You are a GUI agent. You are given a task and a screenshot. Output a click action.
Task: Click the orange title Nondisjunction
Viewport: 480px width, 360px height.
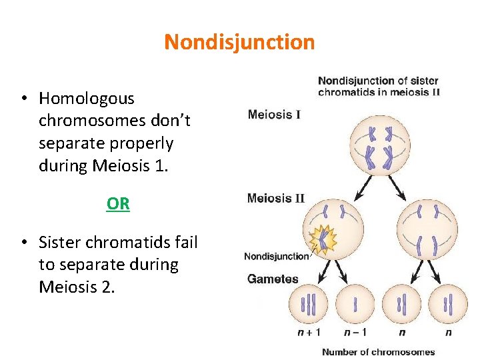[239, 42]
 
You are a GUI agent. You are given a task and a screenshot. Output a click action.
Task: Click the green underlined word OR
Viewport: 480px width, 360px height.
[118, 204]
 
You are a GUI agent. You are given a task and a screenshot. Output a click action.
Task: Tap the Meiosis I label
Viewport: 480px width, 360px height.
[274, 115]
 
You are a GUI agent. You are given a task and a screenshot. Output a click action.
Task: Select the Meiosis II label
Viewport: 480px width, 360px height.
[276, 198]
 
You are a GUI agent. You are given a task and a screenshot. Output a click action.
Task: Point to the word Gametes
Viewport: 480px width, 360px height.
[273, 279]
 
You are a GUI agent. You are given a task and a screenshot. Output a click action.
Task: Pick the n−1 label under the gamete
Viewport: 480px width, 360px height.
[354, 333]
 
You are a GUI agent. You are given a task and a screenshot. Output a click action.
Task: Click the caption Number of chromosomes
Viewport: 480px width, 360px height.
[378, 351]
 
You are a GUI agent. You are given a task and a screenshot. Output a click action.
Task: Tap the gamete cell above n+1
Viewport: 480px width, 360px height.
[307, 305]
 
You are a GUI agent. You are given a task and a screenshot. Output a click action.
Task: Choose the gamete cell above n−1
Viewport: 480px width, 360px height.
[355, 305]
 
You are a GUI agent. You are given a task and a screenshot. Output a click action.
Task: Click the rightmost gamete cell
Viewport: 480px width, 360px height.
[448, 305]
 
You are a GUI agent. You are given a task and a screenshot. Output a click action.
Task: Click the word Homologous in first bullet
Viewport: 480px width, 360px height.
[87, 99]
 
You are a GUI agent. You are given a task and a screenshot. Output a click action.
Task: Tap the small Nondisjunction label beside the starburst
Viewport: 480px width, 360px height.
[277, 256]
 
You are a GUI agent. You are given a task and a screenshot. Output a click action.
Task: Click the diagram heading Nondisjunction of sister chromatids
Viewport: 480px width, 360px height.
[378, 87]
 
